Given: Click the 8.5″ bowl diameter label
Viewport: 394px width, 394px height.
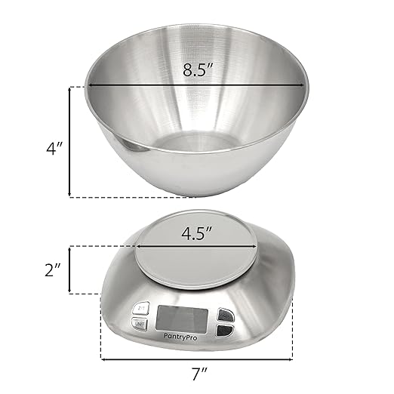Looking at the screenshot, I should [x=199, y=70].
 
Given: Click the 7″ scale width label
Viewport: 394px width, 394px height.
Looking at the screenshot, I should [x=196, y=374].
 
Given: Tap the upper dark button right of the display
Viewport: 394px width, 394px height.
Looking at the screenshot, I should [x=225, y=316].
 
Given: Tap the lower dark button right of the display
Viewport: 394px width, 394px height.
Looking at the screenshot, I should [x=225, y=329].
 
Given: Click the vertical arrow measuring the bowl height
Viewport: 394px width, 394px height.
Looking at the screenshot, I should [x=72, y=142].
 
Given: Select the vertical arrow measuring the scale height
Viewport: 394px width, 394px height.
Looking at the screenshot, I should [x=72, y=269].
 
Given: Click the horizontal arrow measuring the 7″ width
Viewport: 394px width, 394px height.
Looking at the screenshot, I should [x=196, y=358].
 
